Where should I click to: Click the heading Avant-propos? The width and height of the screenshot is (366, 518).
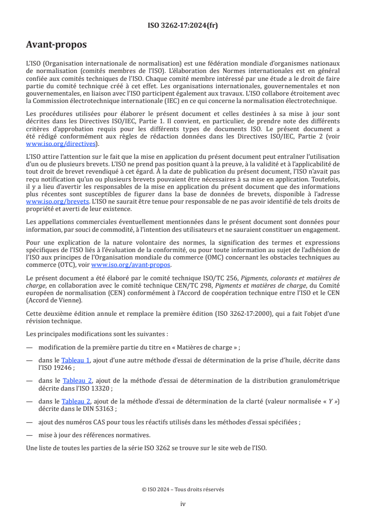pyautogui.click(x=56, y=45)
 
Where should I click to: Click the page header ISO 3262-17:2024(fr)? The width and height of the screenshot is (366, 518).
pyautogui.click(x=183, y=26)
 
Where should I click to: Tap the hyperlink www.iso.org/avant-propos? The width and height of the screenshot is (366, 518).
pyautogui.click(x=131, y=265)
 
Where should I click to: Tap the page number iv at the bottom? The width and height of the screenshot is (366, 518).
pyautogui.click(x=183, y=504)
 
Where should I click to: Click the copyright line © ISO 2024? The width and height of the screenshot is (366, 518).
pyautogui.click(x=183, y=489)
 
